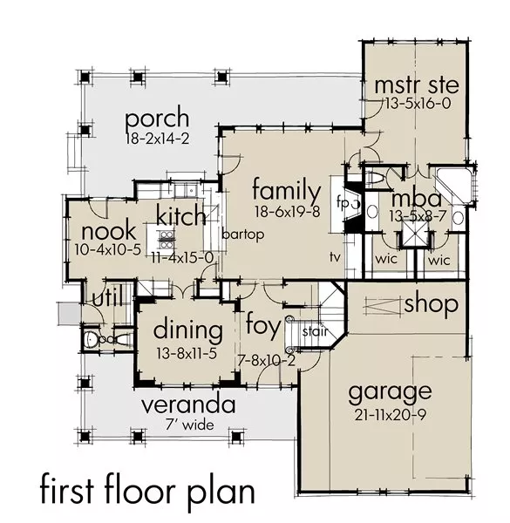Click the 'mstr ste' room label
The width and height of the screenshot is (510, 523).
(417, 85)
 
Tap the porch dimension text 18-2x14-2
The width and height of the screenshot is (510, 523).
(158, 139)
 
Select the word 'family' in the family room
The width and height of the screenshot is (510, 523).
(287, 190)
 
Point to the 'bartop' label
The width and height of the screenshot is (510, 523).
(243, 234)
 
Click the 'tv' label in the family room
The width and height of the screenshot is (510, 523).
(336, 256)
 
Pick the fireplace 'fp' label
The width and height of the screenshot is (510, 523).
(343, 202)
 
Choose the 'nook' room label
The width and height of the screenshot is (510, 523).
(109, 231)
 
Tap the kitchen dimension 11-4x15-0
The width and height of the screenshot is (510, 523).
(182, 258)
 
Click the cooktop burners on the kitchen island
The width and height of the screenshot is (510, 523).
(167, 241)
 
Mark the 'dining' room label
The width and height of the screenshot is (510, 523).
(188, 329)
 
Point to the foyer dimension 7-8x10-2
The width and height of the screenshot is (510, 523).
(267, 360)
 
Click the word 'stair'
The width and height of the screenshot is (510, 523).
(316, 331)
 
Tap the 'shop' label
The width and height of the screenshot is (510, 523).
(431, 304)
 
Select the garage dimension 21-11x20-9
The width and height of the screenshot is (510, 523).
(391, 415)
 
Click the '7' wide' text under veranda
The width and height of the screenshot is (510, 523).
(190, 425)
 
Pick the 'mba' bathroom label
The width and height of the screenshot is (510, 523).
(416, 199)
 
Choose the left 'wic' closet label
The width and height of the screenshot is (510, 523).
(386, 259)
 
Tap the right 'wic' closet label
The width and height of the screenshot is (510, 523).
(439, 260)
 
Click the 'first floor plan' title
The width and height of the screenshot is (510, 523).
(147, 492)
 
